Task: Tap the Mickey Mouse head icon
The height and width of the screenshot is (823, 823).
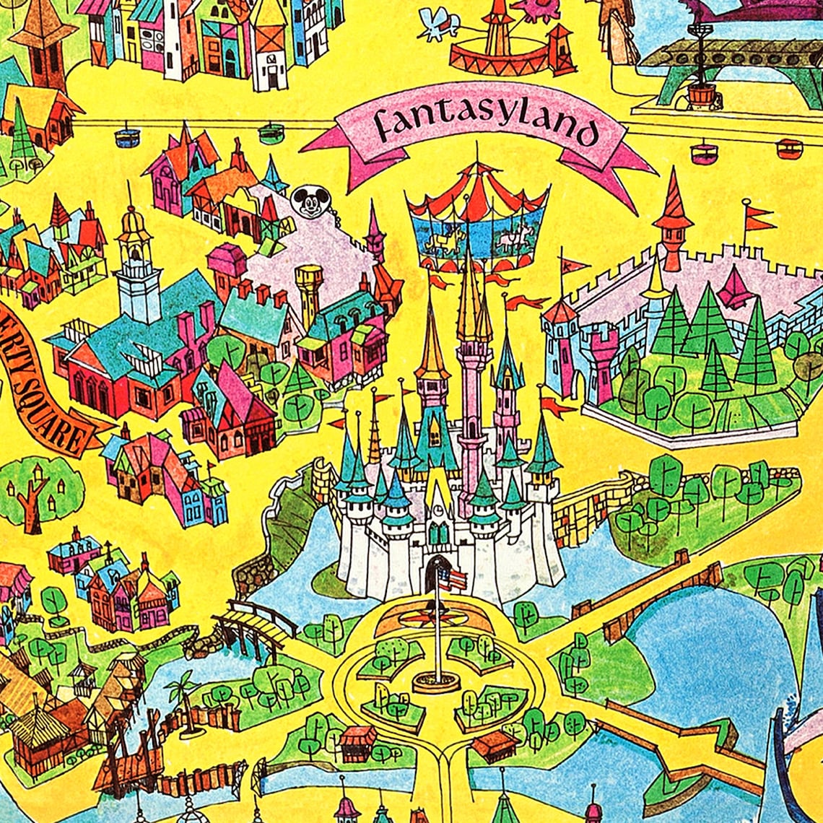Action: click(310, 201)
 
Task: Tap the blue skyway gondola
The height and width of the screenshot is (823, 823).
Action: click(127, 136)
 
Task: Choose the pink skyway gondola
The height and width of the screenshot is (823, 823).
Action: click(703, 153)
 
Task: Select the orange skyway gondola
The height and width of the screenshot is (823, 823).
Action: click(789, 149)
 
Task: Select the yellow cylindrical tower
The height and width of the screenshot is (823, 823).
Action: click(309, 292)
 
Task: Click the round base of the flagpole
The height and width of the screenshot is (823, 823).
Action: click(436, 682)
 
